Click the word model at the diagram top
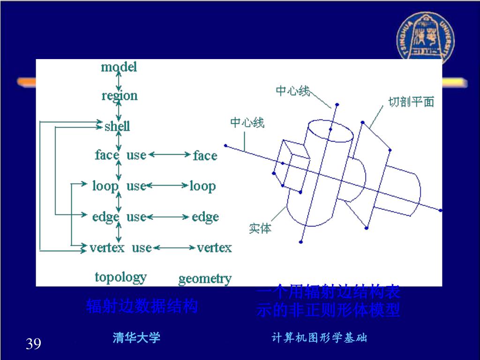[119, 67]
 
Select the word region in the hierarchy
[120, 96]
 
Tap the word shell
[117, 126]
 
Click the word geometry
[205, 279]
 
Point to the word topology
[120, 277]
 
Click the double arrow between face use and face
[169, 154]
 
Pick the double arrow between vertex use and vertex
[174, 247]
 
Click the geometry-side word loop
[202, 187]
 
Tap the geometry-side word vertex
[214, 247]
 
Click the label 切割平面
[411, 102]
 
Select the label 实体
[260, 229]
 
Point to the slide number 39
[33, 345]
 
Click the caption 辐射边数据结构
[142, 307]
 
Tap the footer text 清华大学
[136, 337]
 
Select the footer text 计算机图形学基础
[319, 338]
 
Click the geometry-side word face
[205, 156]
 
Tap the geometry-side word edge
[205, 217]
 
